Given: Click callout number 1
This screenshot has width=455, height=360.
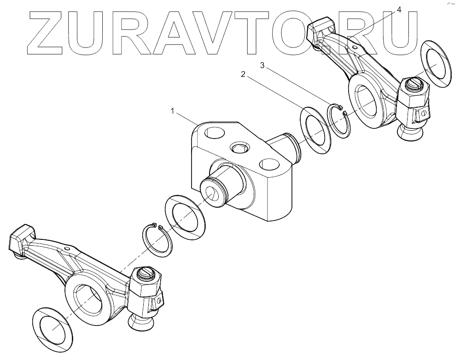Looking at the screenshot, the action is [172, 111].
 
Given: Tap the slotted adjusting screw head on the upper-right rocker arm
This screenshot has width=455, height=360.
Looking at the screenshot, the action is [414, 83].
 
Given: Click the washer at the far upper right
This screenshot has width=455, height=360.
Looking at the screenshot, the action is [435, 63].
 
